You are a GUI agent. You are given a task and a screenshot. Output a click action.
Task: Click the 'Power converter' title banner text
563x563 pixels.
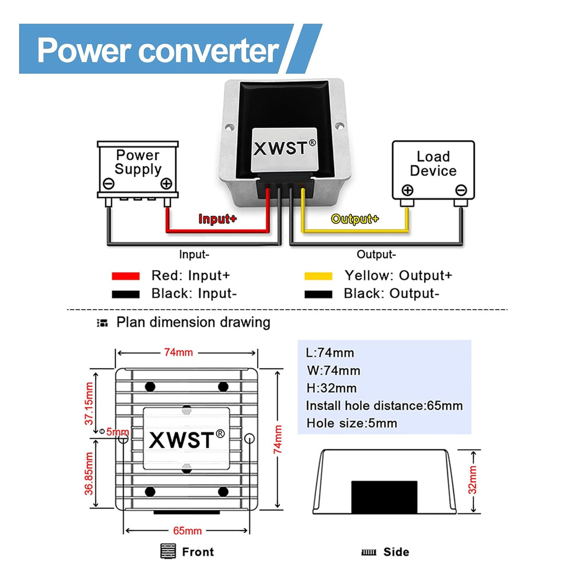[x=158, y=50]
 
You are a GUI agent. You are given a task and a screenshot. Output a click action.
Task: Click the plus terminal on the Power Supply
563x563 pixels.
[x=166, y=183]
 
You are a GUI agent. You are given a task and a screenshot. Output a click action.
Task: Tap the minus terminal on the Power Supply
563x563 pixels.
[x=109, y=183]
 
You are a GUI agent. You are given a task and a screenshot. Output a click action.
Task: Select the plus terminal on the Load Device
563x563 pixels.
[x=407, y=190]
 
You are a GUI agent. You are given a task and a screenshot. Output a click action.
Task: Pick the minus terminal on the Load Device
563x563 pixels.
[x=461, y=190]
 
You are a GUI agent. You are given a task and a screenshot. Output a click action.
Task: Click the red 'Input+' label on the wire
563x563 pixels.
[x=217, y=219]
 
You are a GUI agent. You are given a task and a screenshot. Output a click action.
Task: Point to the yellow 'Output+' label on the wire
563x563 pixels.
[x=355, y=219]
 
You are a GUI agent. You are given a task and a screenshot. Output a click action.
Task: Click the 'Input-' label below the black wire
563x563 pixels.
[x=194, y=255]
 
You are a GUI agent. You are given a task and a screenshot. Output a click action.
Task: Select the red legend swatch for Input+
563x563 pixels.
[x=126, y=276]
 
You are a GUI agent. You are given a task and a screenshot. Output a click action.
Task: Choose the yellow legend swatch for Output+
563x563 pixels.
[x=318, y=276]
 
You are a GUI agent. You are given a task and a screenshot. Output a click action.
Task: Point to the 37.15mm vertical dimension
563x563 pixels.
[x=90, y=403]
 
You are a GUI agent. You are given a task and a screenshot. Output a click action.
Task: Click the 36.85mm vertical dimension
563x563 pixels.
[x=90, y=473]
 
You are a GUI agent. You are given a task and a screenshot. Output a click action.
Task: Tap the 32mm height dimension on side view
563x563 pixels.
[x=472, y=480]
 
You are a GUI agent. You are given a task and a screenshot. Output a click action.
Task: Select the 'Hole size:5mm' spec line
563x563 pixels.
[x=352, y=423]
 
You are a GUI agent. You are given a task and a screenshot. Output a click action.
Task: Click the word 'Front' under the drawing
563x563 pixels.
[x=198, y=552]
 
